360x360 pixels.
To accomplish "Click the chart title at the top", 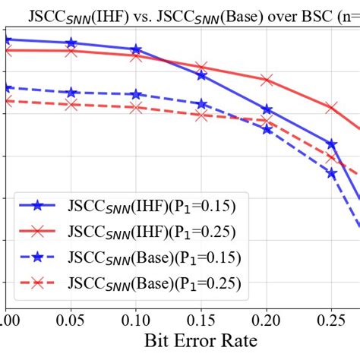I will click(x=194, y=13).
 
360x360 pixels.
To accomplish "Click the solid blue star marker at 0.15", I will click(x=201, y=75).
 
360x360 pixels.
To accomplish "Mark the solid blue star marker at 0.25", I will click(x=332, y=144).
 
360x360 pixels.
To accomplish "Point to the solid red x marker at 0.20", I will click(x=267, y=80).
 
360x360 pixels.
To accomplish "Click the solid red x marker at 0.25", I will click(x=332, y=108).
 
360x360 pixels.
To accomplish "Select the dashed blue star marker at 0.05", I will click(x=71, y=92).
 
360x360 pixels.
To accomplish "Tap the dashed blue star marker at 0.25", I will click(x=332, y=173).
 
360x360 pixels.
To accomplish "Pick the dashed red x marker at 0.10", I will click(x=136, y=108).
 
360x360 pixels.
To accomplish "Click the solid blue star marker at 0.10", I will click(x=136, y=49).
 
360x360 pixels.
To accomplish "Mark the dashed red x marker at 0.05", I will click(x=71, y=105).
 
